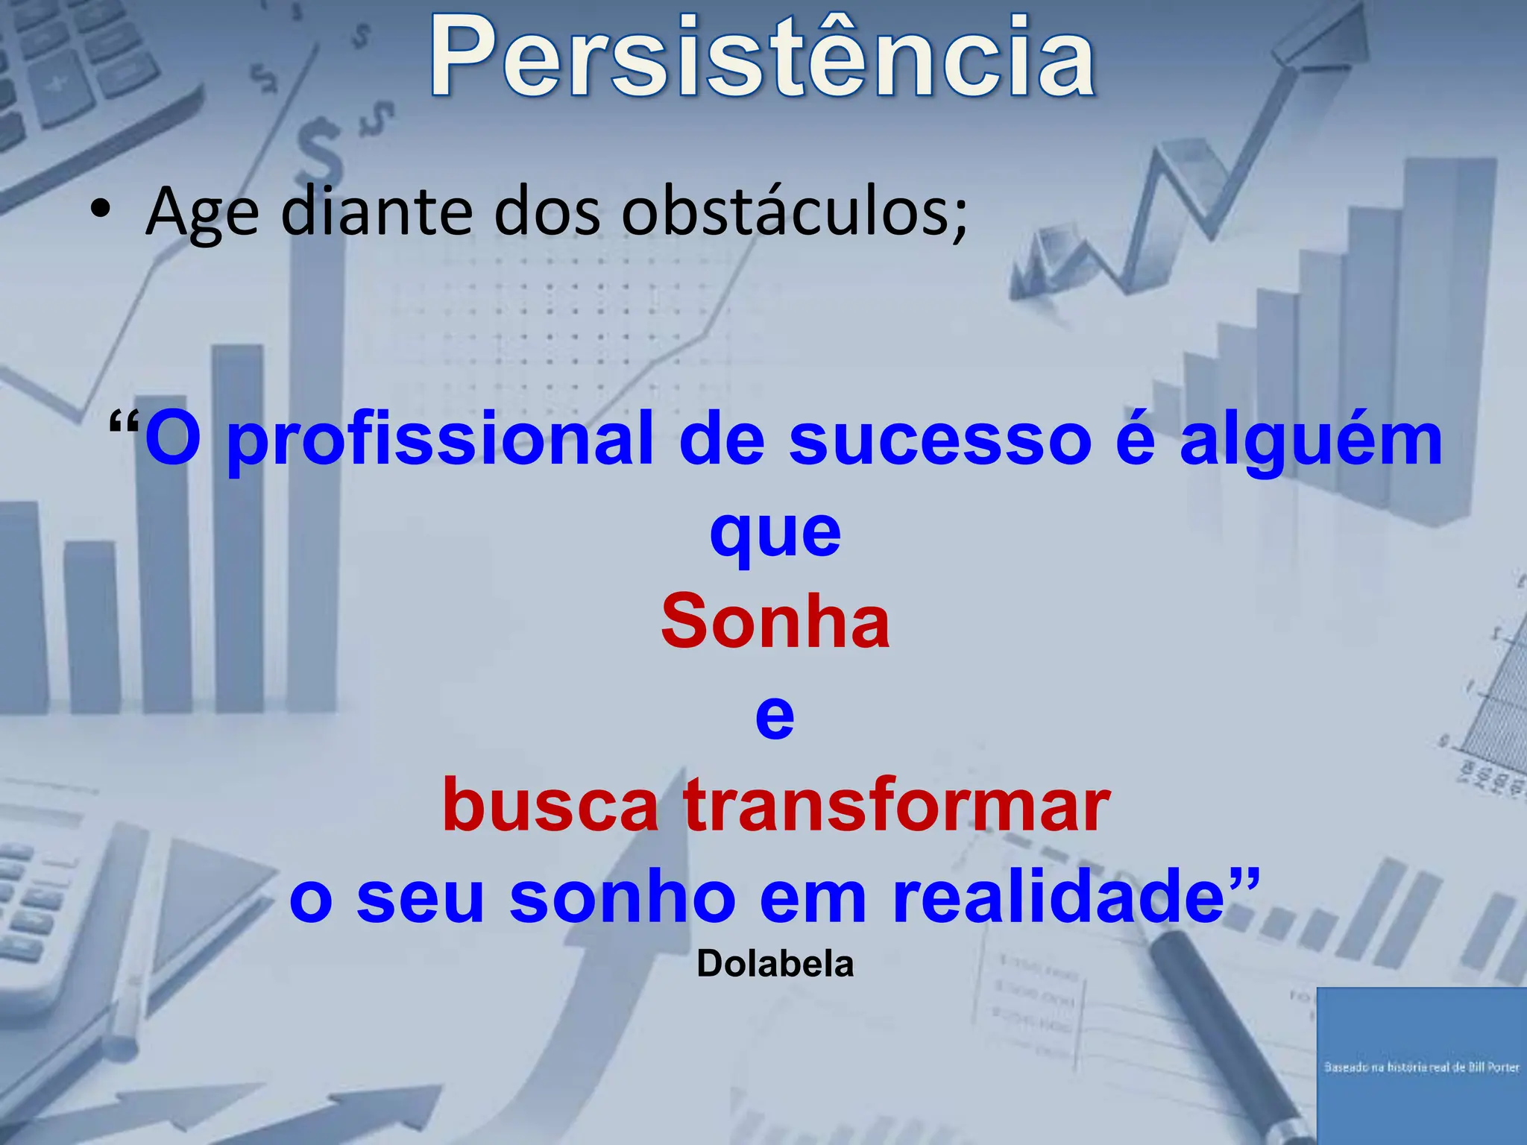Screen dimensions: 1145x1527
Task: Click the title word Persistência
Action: [762, 58]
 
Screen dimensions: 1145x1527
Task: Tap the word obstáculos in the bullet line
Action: [794, 212]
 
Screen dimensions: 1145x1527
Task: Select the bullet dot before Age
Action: [100, 210]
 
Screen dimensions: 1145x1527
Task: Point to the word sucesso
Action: [940, 440]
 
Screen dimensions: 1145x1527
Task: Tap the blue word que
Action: [775, 534]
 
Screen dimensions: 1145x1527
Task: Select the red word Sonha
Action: [775, 622]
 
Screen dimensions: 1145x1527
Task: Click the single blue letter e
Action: [775, 716]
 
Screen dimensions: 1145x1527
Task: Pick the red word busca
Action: [550, 806]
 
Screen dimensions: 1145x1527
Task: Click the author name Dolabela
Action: [775, 964]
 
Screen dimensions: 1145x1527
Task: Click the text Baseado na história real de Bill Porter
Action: [1421, 1067]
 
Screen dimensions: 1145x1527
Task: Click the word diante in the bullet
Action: [377, 212]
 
